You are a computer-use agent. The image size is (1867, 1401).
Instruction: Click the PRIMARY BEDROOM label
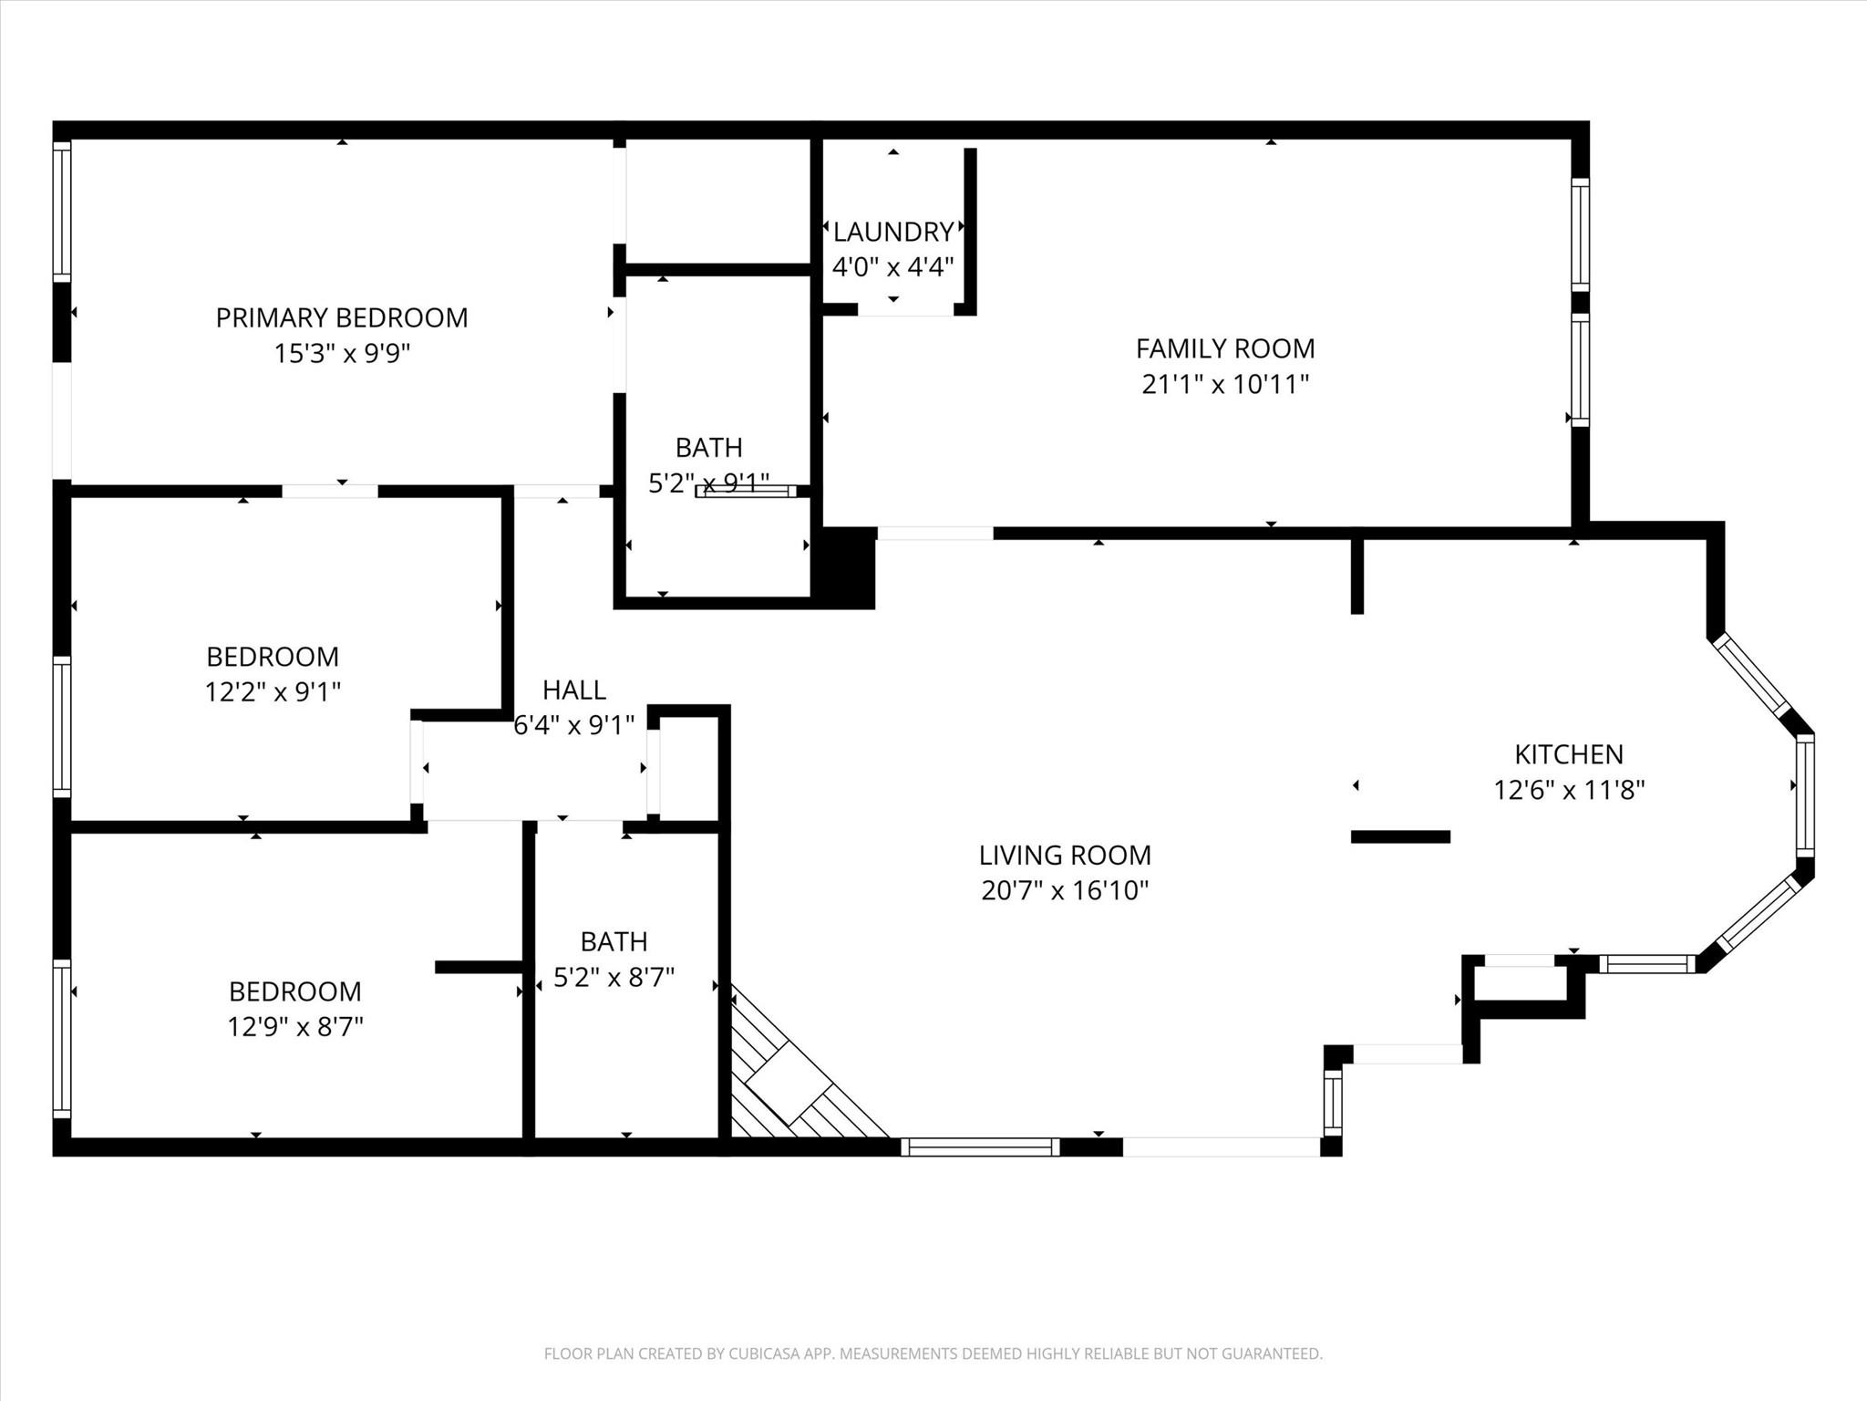[x=342, y=317]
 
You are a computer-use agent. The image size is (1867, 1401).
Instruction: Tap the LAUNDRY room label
[x=893, y=232]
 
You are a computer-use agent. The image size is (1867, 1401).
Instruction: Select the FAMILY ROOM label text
[x=1225, y=348]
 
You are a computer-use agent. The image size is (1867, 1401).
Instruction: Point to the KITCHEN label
[x=1569, y=754]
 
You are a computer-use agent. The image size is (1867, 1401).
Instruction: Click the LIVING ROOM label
[x=1065, y=855]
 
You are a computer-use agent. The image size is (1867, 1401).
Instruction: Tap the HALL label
[x=574, y=690]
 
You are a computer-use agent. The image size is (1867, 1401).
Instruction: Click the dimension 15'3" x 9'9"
[x=343, y=353]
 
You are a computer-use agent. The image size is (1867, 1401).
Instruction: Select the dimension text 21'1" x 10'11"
[x=1225, y=384]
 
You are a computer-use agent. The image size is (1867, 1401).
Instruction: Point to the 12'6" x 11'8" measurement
[x=1569, y=790]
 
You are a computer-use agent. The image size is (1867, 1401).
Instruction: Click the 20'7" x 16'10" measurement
[x=1065, y=890]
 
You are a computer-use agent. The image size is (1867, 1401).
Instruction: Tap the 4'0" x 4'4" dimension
[x=893, y=267]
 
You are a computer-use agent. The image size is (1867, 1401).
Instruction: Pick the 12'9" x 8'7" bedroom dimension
[x=295, y=1027]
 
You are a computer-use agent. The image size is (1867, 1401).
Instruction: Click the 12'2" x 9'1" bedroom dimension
[x=273, y=692]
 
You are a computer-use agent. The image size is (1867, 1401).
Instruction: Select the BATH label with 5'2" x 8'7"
[x=614, y=941]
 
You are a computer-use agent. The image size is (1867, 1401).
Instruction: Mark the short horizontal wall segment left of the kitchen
[x=1400, y=836]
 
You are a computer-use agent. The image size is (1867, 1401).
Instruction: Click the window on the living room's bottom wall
[x=980, y=1147]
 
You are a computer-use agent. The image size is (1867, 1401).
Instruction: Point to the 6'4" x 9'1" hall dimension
[x=574, y=725]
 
